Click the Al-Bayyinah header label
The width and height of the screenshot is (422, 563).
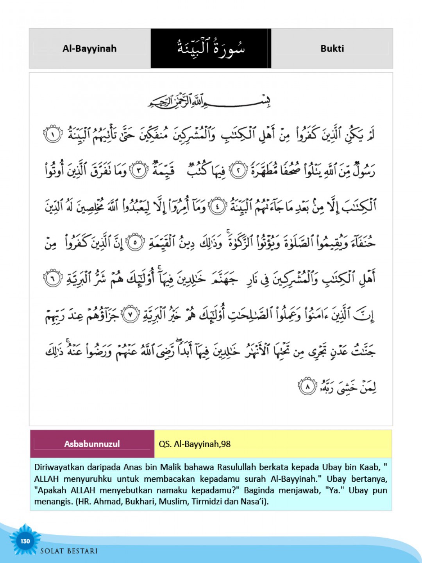[89, 48]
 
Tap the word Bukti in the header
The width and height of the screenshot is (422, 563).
[332, 48]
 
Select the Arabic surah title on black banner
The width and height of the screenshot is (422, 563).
[211, 49]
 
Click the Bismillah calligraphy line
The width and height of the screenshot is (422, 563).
[209, 101]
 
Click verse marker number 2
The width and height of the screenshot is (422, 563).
[238, 170]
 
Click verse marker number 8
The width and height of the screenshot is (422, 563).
[307, 387]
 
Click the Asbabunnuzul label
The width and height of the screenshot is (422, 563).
[92, 444]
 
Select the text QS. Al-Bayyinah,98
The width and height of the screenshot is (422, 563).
[195, 444]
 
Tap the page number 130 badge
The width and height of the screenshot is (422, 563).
[25, 541]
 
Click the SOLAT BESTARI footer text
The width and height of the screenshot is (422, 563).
[69, 551]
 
